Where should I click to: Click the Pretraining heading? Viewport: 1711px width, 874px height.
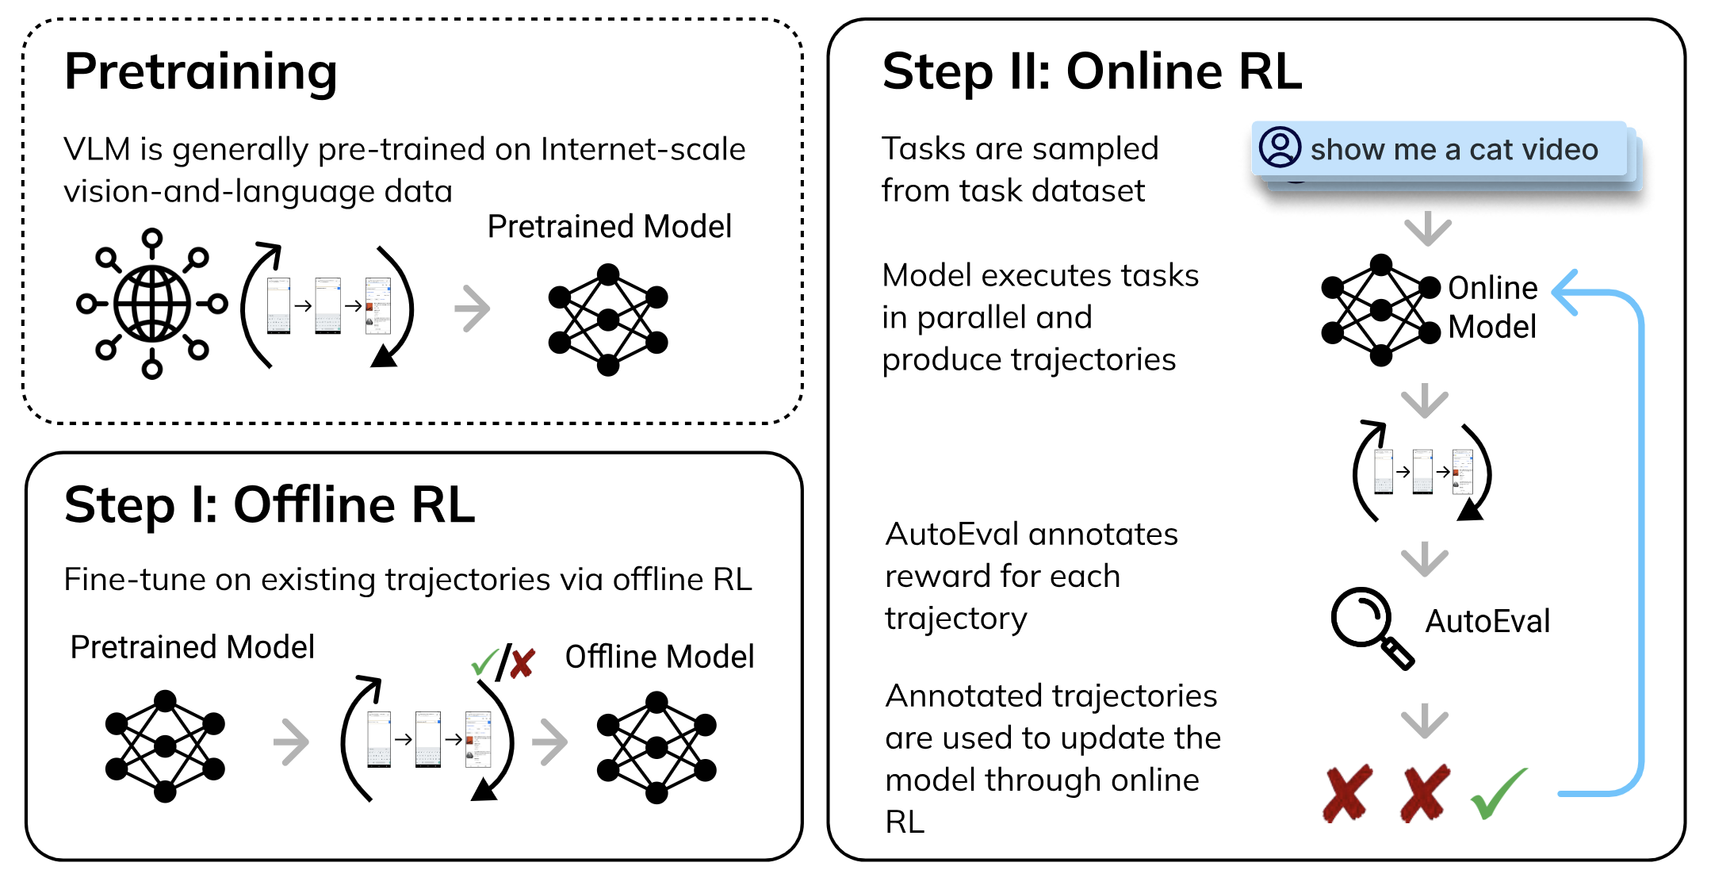201,72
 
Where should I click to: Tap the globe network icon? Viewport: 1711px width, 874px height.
151,304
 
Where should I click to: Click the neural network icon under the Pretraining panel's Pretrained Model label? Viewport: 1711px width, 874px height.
608,320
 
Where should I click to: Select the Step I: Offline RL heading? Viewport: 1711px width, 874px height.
270,505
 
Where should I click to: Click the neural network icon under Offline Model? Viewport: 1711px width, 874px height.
656,747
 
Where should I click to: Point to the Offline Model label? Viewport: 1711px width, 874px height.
659,657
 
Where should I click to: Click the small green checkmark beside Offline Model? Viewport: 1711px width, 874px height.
483,661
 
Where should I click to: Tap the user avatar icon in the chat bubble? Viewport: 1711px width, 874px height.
1280,148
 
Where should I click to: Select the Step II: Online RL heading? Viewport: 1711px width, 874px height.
1092,72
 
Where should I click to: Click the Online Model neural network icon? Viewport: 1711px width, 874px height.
1380,310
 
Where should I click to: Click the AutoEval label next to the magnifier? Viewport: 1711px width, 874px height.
1487,621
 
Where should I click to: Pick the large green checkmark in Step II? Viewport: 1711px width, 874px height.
1498,792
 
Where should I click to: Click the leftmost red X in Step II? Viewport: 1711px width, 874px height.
1347,792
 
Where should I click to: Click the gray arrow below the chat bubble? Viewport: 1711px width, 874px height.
1427,228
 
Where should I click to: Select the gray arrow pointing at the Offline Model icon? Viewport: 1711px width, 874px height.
550,742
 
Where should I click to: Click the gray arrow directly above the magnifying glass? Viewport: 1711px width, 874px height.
1424,559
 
